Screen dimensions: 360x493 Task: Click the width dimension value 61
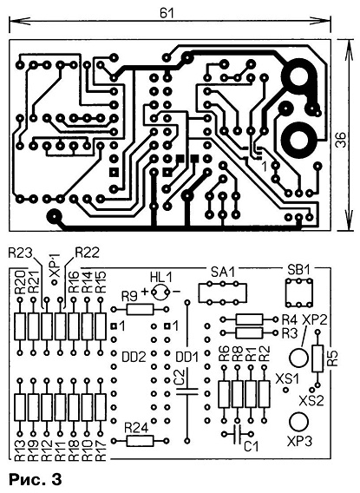pos(167,13)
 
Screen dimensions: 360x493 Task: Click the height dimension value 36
pos(341,140)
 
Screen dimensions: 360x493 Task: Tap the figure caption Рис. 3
pos(36,479)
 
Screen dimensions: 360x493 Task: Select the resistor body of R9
pos(141,310)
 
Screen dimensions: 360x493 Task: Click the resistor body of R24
pos(141,441)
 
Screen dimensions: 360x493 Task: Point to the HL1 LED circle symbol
pos(160,293)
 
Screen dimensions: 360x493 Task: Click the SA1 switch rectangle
pos(222,293)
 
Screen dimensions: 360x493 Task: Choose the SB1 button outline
pos(299,293)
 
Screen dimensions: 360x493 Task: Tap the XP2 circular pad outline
pos(298,358)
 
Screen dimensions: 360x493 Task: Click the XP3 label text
pos(300,442)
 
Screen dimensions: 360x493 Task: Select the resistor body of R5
pos(317,358)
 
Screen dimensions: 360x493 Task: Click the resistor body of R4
pos(250,319)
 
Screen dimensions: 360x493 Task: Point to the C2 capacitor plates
pos(187,391)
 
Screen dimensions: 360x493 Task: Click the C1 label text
pos(252,446)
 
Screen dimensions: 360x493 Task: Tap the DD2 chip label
pos(134,357)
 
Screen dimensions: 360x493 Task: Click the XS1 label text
pos(287,379)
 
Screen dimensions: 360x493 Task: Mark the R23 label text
pos(21,253)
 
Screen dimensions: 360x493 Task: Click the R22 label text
pos(87,253)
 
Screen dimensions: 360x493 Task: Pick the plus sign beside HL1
pos(145,292)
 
